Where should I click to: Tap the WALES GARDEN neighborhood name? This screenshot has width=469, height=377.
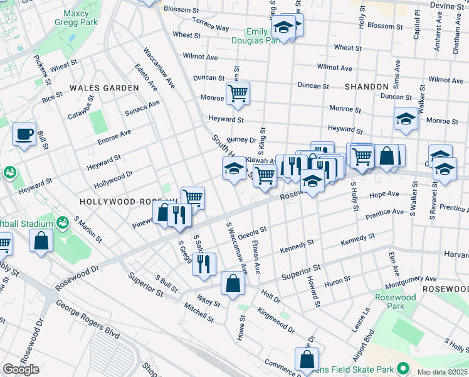point(104,88)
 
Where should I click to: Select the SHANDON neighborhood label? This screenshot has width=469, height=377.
point(366,86)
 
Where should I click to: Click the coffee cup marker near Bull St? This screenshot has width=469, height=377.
point(24,134)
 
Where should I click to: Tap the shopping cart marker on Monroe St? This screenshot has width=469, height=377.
point(238,94)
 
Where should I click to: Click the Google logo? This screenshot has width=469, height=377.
point(21,369)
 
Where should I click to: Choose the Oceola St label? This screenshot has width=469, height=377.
point(251,232)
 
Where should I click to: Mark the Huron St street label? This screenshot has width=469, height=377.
point(338,282)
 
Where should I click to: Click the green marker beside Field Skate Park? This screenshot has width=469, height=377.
point(403,368)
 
